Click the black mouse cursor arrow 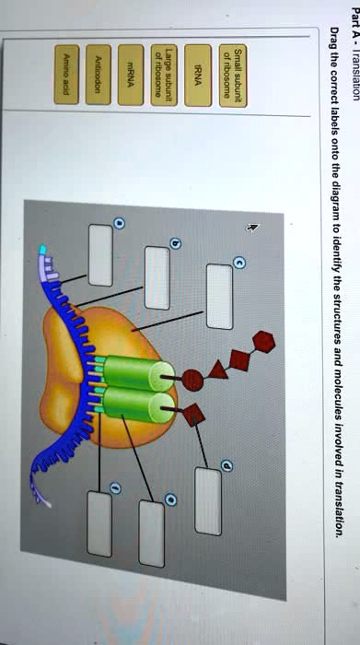click(x=253, y=226)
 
